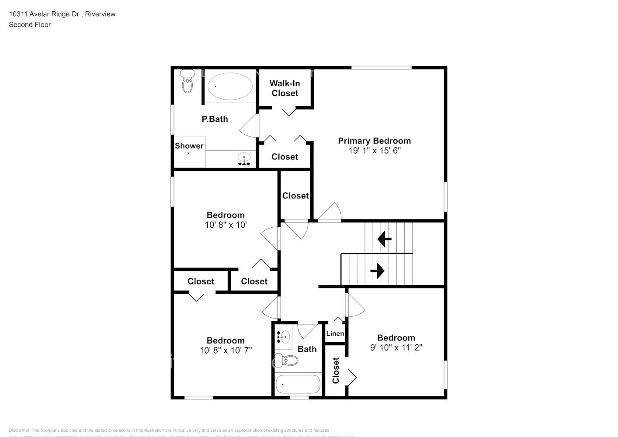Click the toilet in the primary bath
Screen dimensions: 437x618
[x=187, y=81]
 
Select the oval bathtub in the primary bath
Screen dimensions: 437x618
[x=229, y=86]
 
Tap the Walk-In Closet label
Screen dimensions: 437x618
[x=285, y=88]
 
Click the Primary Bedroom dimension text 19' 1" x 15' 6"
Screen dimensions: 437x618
[x=374, y=151]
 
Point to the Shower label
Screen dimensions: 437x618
[x=189, y=146]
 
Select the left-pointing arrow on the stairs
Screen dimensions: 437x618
[x=384, y=239]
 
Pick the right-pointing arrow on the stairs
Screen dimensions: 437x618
[x=377, y=271]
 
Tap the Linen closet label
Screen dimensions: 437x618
[x=335, y=333]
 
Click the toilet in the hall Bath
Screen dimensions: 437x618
[x=288, y=361]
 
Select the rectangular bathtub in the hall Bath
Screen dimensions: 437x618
[x=298, y=385]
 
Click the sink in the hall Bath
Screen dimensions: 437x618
[x=283, y=336]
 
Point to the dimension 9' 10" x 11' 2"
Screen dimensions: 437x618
[x=396, y=348]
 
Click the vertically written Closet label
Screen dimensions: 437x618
[x=336, y=371]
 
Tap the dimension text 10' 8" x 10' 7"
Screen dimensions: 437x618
[x=226, y=350]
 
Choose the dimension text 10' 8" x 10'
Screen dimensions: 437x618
[x=226, y=225]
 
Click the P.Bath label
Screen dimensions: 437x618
[x=215, y=119]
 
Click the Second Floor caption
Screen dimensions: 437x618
[x=30, y=24]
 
